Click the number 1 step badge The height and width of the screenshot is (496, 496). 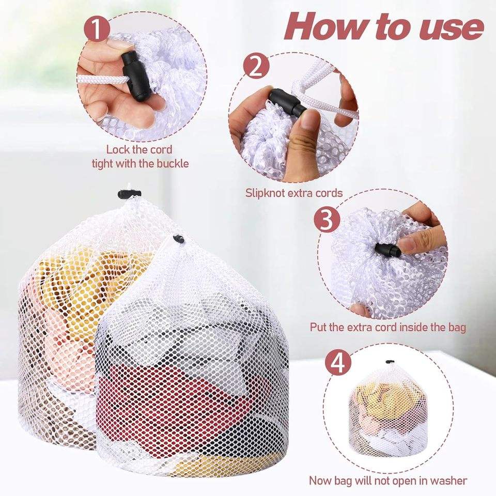tap(97, 29)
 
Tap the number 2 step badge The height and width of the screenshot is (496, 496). tap(256, 67)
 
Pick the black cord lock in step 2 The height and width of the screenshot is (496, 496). tap(287, 102)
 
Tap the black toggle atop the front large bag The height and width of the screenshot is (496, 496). tap(178, 239)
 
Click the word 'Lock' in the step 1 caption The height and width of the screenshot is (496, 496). tap(118, 149)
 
